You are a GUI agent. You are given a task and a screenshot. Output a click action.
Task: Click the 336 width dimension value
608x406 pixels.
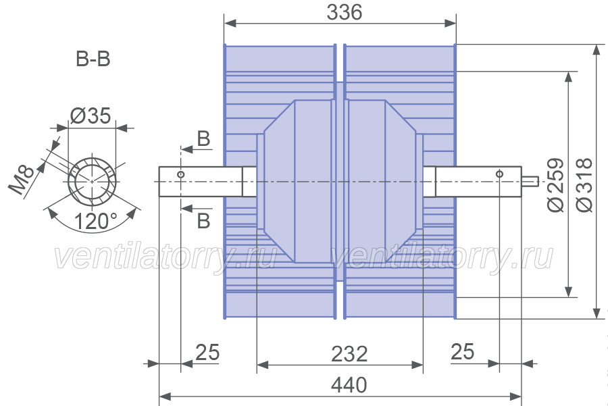point(345,12)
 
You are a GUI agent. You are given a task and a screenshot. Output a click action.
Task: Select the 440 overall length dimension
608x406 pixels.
point(349,385)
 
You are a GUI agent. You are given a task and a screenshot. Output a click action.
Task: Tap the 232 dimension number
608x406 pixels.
point(349,354)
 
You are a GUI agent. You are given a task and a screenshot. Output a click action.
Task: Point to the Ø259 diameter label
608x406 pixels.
point(555,184)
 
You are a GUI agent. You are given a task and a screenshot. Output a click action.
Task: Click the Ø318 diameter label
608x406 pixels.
point(584,184)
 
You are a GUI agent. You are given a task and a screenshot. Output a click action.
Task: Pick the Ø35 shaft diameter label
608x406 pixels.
point(91,115)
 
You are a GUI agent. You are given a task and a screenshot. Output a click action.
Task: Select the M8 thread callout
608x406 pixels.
point(22,180)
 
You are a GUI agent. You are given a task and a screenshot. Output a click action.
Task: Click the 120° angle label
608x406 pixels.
point(95,222)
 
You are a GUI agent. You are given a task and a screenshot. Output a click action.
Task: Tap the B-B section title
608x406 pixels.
point(93,59)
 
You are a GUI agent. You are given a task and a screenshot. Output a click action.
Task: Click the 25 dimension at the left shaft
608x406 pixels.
point(207,352)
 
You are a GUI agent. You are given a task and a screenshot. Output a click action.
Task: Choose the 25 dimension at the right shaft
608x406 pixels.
point(463,352)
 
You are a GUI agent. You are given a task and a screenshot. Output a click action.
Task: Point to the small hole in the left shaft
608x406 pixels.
point(180,174)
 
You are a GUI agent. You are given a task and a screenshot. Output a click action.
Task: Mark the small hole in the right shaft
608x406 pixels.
point(499,174)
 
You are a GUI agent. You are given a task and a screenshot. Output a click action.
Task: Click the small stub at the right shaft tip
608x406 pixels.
point(530,181)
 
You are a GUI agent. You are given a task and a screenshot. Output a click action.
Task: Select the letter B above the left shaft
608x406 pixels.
point(203,138)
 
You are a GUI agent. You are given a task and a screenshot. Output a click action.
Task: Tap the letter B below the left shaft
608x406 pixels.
point(203,221)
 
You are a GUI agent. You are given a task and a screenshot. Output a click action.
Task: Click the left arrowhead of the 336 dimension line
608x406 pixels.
point(230,23)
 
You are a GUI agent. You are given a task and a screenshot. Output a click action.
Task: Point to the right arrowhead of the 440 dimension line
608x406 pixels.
point(515,397)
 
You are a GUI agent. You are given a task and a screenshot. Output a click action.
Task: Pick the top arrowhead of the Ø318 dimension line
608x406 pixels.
point(597,51)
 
